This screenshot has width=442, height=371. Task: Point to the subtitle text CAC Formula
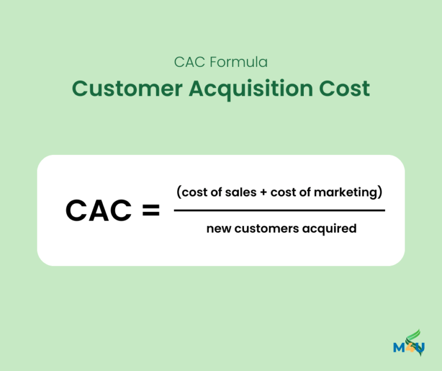point(220,62)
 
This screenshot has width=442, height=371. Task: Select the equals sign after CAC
point(150,211)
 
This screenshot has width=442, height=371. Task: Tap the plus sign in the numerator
point(263,192)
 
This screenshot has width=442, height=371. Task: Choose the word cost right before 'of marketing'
point(283,192)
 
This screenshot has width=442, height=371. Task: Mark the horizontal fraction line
point(279,210)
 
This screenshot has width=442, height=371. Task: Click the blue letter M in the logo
point(400,347)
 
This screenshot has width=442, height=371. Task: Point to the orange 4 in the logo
point(411,348)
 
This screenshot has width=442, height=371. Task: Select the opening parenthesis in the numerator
point(178,192)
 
